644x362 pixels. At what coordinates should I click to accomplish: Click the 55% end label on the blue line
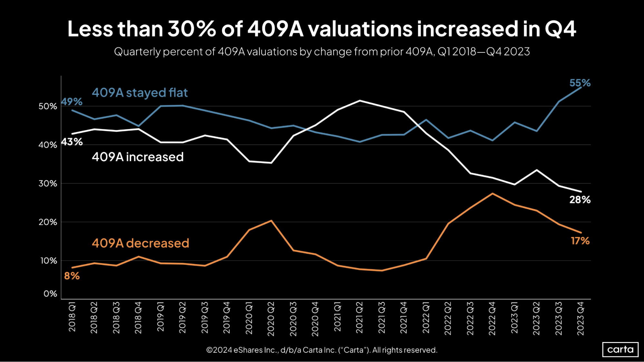pos(580,83)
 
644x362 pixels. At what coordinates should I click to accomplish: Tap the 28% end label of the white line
pos(580,200)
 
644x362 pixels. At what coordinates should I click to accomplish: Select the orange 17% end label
pos(580,241)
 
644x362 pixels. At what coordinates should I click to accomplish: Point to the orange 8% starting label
pos(72,276)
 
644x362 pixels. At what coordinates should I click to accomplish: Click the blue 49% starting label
pos(72,102)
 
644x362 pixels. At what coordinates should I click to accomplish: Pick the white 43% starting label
pos(72,142)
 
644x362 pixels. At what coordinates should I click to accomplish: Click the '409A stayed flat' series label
pos(139,93)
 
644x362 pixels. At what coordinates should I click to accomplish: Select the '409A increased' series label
pos(138,157)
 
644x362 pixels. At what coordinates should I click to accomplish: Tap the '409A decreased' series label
pos(140,243)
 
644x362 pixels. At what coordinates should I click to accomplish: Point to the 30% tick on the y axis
pos(48,183)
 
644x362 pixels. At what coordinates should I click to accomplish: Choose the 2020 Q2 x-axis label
pos(271,319)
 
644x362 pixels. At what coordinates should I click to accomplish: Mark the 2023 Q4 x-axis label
pos(581,319)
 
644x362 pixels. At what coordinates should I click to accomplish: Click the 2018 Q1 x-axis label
pos(72,317)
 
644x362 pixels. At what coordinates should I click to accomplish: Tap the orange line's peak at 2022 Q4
pos(492,193)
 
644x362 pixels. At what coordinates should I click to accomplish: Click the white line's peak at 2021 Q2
pos(360,101)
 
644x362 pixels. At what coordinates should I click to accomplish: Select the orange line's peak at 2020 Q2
pos(271,221)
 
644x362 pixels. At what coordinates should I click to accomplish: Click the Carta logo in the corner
pos(620,349)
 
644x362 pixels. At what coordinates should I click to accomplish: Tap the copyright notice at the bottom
pos(322,350)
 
